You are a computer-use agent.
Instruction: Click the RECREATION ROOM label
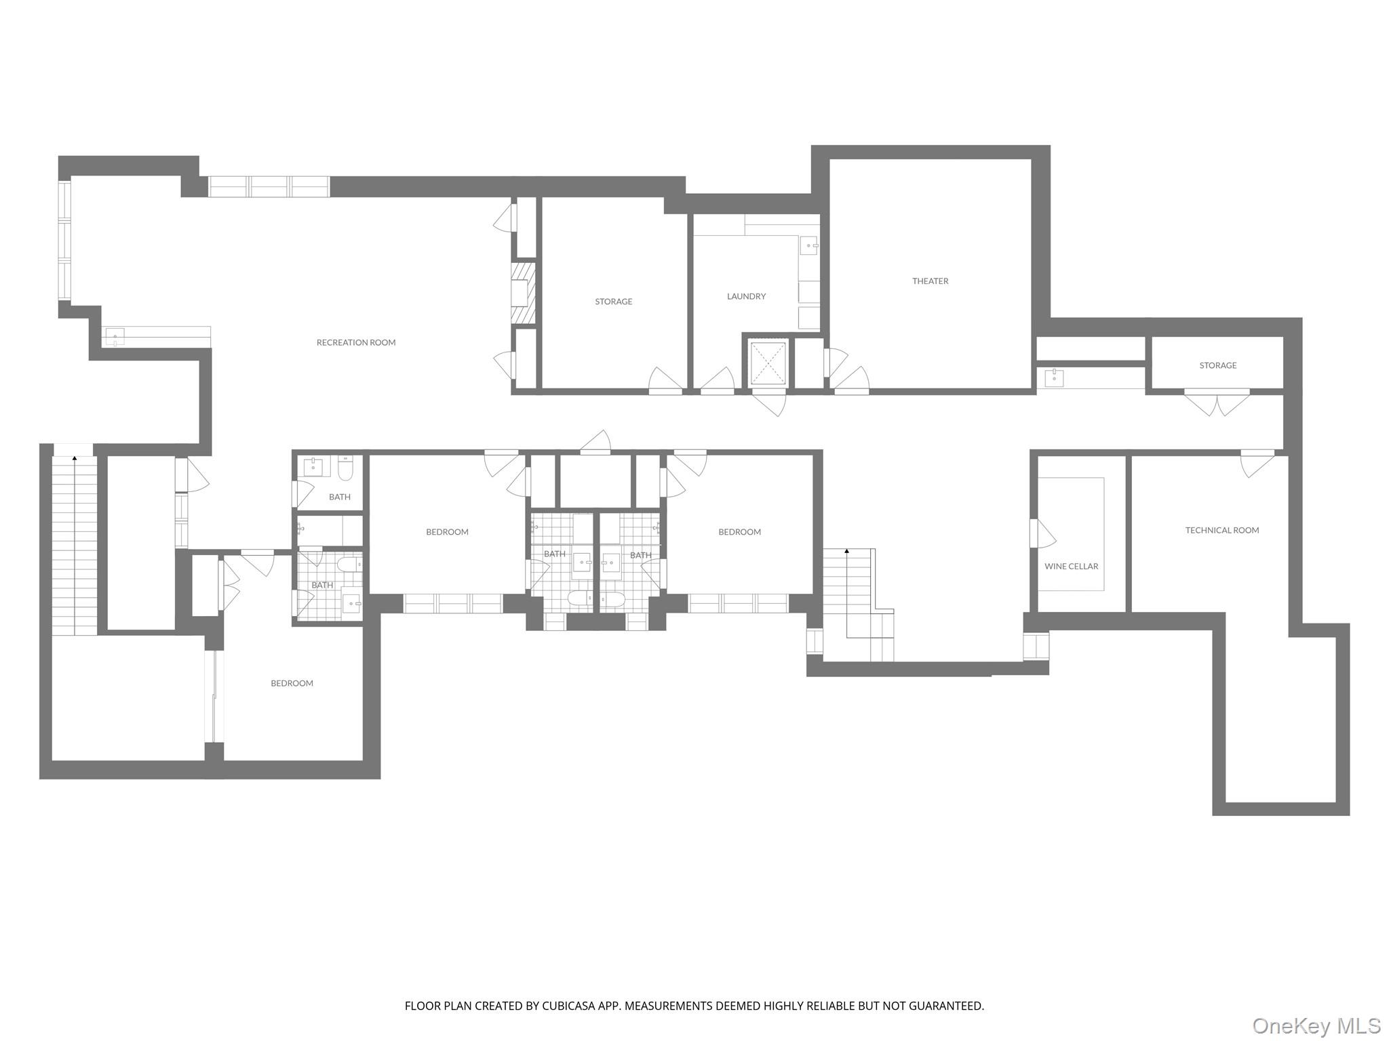pyautogui.click(x=355, y=342)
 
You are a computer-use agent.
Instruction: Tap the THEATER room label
pyautogui.click(x=930, y=281)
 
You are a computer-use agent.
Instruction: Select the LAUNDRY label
pyautogui.click(x=746, y=296)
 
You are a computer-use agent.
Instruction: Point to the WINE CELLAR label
pyautogui.click(x=1071, y=566)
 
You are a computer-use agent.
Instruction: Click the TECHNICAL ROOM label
pyautogui.click(x=1221, y=530)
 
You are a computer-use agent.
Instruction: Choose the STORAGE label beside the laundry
pyautogui.click(x=613, y=302)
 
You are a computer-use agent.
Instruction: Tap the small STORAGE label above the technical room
pyautogui.click(x=1217, y=365)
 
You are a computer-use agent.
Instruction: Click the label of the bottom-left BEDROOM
pyautogui.click(x=292, y=683)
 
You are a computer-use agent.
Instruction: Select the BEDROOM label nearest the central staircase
pyautogui.click(x=739, y=532)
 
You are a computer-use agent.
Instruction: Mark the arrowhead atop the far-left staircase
pyautogui.click(x=75, y=459)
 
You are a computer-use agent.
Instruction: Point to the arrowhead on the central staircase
pyautogui.click(x=846, y=552)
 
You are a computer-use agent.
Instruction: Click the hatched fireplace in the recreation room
pyautogui.click(x=523, y=294)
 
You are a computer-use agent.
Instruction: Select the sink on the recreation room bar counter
pyautogui.click(x=115, y=336)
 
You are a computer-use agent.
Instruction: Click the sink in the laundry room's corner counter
pyautogui.click(x=809, y=246)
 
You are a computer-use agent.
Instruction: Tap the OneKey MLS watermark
pyautogui.click(x=1316, y=1025)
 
